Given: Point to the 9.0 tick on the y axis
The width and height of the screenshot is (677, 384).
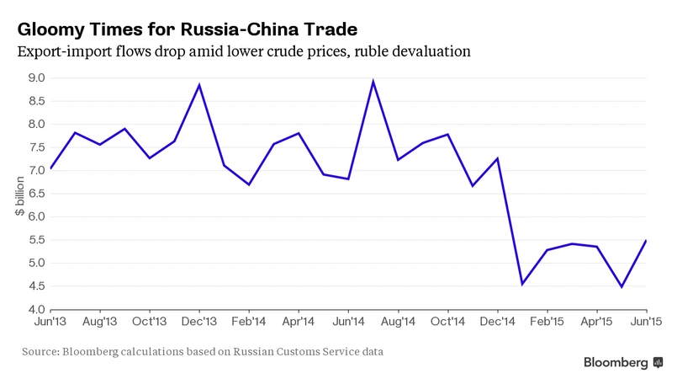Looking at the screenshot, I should coord(36,78).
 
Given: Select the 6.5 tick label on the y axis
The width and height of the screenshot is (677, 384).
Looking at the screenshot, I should coord(36,194).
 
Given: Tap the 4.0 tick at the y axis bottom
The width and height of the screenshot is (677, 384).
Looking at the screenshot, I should coord(36,309).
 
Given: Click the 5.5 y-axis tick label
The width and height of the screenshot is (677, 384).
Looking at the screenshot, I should coord(36,240).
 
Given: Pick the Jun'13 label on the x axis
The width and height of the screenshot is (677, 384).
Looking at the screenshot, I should coord(50,321).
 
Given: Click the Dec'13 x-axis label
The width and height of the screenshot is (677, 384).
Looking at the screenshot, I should coord(199,321).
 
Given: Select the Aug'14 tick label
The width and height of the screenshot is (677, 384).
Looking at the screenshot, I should coord(398,321).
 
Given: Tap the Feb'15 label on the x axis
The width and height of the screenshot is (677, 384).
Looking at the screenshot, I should coord(547,321).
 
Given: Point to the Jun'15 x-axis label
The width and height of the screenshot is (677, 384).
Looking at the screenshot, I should coord(645,321).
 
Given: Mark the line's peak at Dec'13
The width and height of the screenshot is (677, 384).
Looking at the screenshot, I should coord(199,84).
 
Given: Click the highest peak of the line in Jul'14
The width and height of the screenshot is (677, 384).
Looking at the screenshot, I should coord(373,82).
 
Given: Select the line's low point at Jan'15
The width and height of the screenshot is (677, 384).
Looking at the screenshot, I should coord(522,284).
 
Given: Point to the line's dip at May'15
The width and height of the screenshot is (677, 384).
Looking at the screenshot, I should coord(621,287).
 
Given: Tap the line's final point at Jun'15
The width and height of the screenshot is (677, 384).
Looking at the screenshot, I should coord(646,241).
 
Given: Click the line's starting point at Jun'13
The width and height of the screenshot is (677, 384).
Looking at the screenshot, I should coord(50,168).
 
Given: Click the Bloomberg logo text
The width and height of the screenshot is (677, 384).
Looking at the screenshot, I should coord(616,362).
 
